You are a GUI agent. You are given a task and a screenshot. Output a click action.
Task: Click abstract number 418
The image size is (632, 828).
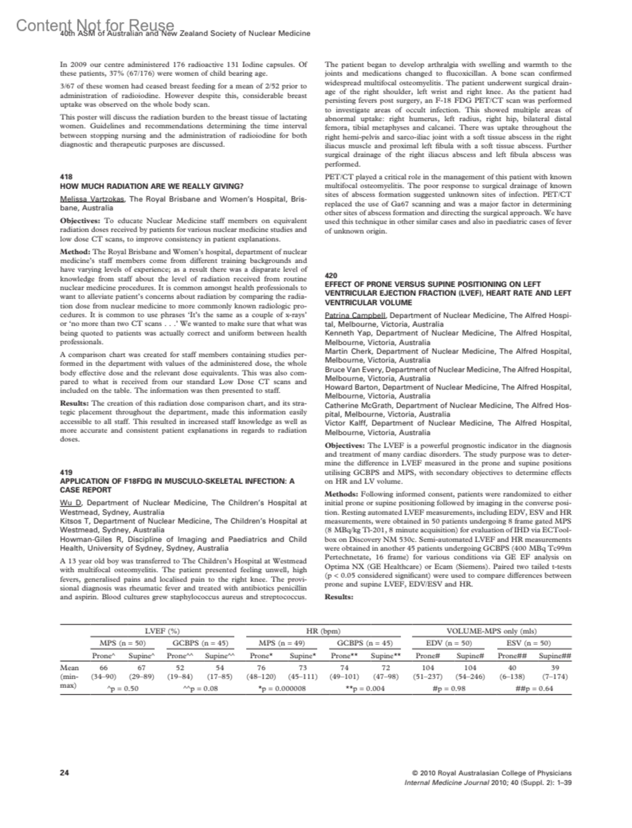point(66,177)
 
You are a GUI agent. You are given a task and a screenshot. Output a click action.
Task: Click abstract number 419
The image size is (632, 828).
point(66,472)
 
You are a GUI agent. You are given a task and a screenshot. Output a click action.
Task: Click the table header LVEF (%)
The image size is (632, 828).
point(162,630)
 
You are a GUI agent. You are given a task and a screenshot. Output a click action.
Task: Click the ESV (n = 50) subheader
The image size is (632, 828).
point(528,643)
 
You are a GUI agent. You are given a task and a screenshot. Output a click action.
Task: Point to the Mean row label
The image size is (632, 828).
point(69,667)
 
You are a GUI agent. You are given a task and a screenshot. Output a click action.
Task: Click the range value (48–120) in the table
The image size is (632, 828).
point(260,676)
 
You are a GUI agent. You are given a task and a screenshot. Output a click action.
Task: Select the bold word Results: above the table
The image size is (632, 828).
point(338,597)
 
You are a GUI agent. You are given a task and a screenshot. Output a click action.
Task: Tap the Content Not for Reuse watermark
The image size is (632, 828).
point(95,25)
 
